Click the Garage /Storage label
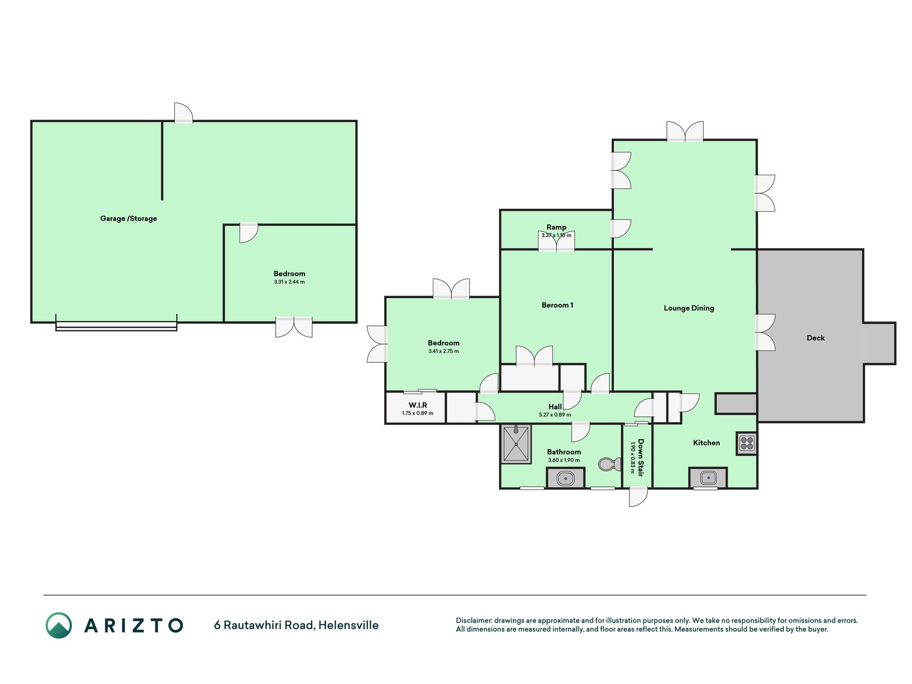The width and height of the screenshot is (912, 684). tap(128, 219)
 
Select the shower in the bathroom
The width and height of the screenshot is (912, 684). tap(516, 444)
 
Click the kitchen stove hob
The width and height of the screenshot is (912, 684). tap(746, 443)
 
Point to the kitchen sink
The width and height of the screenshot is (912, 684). tap(708, 478)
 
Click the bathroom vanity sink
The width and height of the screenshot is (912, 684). tap(565, 478)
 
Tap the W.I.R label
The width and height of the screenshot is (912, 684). tap(418, 405)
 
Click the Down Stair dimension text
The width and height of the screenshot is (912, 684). tap(633, 457)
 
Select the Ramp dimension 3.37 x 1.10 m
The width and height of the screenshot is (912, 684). tap(556, 235)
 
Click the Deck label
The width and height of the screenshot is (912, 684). tap(815, 338)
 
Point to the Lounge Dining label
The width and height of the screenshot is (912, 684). tap(689, 308)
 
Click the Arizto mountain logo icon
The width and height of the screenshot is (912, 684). tap(59, 625)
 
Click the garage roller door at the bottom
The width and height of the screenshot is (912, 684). tap(116, 327)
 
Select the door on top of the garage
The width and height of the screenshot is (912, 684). tap(183, 113)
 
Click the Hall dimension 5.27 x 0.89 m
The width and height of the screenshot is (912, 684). tap(555, 415)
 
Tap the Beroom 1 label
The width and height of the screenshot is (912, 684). tap(557, 305)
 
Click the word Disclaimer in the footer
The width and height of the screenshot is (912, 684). tap(473, 620)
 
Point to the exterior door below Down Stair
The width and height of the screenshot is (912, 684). tap(638, 496)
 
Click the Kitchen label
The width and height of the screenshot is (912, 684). tap(706, 442)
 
